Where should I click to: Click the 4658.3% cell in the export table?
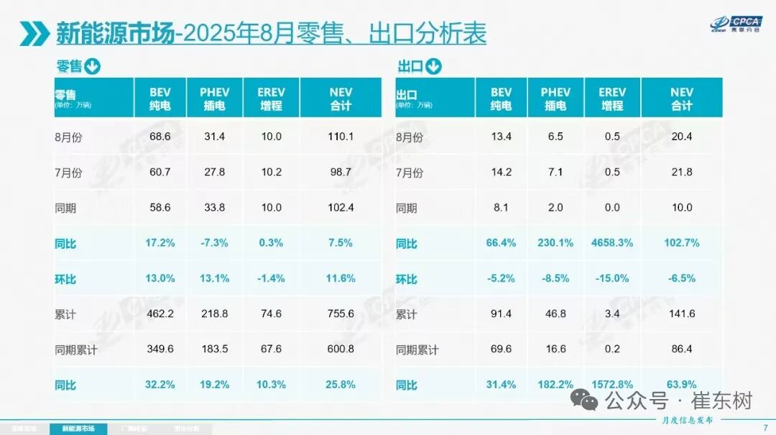(x=611, y=243)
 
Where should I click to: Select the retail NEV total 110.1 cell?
(x=341, y=137)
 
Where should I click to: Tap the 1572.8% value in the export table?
(x=611, y=385)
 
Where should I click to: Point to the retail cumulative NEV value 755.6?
(x=341, y=314)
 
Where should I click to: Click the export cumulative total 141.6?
(x=682, y=314)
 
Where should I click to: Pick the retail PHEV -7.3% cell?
(x=214, y=243)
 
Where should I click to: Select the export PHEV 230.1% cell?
(x=555, y=243)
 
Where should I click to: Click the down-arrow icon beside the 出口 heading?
(x=433, y=68)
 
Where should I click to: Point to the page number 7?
(x=764, y=429)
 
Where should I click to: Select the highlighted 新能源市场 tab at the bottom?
(x=78, y=429)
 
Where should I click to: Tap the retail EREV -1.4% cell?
(x=270, y=279)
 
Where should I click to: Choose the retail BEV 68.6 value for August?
(x=160, y=137)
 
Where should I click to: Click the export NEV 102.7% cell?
(x=682, y=243)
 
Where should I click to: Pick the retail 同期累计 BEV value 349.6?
(x=160, y=349)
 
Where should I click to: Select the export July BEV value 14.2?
(x=501, y=173)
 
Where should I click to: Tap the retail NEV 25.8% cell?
(x=341, y=385)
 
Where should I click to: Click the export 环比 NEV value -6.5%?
(x=682, y=279)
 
